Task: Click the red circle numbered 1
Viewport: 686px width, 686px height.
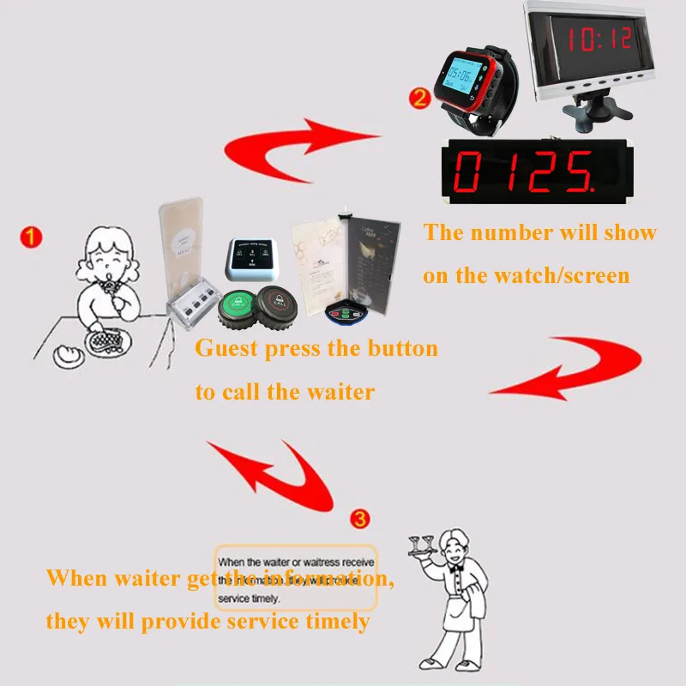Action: pyautogui.click(x=31, y=237)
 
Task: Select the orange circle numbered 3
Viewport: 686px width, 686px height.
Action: pyautogui.click(x=361, y=519)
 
